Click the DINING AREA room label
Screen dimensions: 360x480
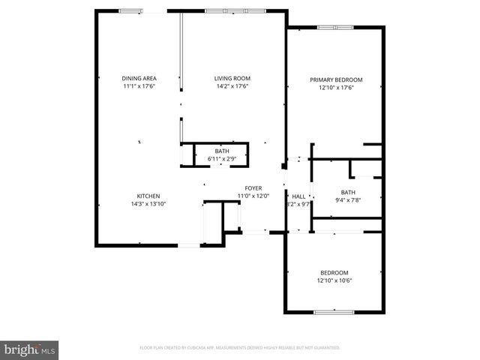click(138, 79)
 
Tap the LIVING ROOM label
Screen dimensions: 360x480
click(232, 79)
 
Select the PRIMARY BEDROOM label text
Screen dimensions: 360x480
click(337, 79)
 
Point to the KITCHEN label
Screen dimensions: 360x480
click(148, 196)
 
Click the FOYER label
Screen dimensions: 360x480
click(253, 188)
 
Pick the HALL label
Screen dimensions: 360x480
click(298, 196)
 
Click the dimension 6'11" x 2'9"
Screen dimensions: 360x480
click(222, 159)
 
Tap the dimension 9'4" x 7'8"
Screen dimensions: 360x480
click(347, 199)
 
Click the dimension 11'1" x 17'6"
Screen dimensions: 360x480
click(138, 86)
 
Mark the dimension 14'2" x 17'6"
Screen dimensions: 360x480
click(232, 86)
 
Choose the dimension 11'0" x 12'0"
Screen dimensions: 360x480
click(253, 196)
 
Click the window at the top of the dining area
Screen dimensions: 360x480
click(130, 11)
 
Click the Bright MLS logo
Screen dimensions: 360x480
click(30, 349)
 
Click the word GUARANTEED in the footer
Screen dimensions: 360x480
click(323, 348)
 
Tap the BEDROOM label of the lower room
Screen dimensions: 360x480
click(334, 273)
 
